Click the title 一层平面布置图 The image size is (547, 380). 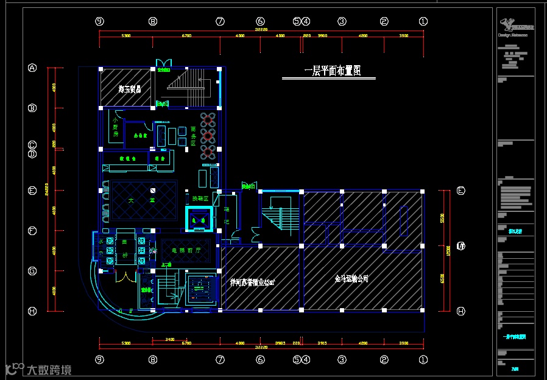(333, 71)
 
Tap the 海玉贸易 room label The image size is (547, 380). (130, 90)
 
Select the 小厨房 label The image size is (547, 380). (115, 128)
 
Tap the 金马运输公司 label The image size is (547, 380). (351, 279)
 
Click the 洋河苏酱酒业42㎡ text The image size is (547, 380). (253, 283)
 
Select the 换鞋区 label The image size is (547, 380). (200, 199)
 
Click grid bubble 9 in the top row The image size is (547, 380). (99, 21)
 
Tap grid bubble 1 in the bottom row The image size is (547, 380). (423, 359)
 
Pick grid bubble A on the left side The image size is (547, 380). (32, 68)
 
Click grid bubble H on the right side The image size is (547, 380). (461, 311)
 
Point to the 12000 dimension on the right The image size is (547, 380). (448, 250)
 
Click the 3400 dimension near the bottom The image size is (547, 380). (170, 339)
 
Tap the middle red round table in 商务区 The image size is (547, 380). (208, 135)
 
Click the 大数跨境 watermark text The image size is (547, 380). (48, 369)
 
